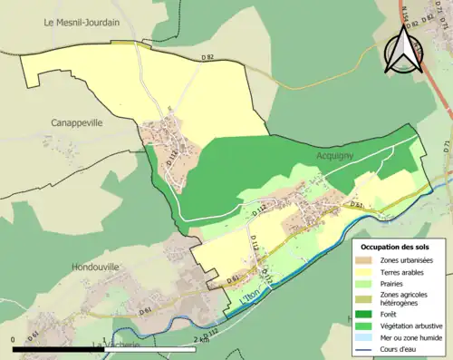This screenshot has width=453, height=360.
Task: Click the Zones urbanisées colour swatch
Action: click(x=367, y=260)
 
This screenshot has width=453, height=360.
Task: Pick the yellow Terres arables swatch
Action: click(x=367, y=272)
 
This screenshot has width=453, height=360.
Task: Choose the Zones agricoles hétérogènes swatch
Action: click(x=367, y=298)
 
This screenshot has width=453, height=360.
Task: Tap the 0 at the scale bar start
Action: click(x=14, y=339)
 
